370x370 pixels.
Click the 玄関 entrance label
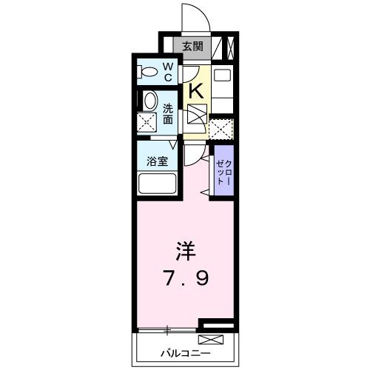pos(192,47)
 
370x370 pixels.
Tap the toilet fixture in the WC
pos(148,72)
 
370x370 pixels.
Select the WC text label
pos(167,72)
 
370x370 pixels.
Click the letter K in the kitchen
pos(196,91)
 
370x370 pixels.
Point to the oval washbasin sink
pos(149,103)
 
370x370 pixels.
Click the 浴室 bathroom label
pos(155,159)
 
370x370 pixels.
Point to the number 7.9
pos(186,279)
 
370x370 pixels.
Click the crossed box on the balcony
pos(212,340)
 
